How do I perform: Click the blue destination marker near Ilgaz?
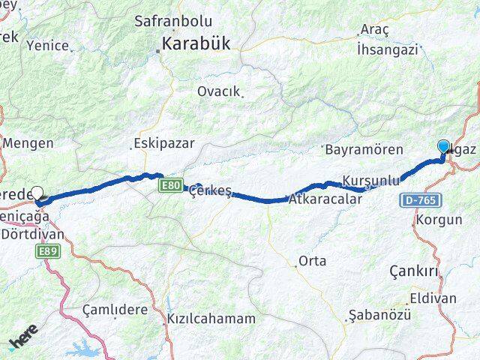pos(442,148)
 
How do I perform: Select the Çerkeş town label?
pos(211,190)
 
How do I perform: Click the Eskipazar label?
pos(163,142)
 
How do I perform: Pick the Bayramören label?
pos(364,150)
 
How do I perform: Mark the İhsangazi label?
pos(387,50)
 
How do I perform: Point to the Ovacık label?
pos(219,91)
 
